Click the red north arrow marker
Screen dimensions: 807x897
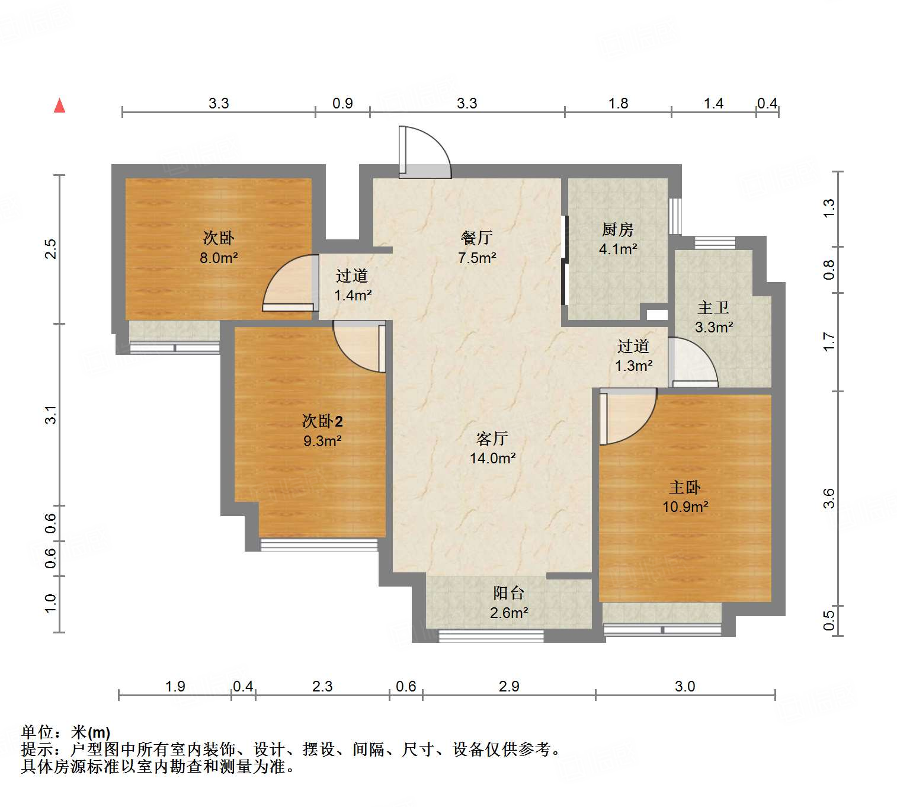[x=59, y=106]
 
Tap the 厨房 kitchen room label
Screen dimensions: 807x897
[x=617, y=229]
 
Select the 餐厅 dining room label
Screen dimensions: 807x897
[x=476, y=238]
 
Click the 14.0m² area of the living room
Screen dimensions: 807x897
[x=492, y=458]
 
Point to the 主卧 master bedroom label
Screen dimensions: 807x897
[x=685, y=487]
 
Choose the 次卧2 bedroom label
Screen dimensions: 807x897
[x=322, y=421]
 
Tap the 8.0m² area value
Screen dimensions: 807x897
[x=219, y=258]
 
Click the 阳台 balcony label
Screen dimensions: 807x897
[x=508, y=593]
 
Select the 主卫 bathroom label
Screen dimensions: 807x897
[x=713, y=308]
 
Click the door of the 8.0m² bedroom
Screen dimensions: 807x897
[x=289, y=284]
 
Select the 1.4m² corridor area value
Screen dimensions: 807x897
[x=353, y=295]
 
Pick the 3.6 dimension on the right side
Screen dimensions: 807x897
[x=828, y=498]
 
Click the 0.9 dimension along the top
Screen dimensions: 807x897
[x=342, y=104]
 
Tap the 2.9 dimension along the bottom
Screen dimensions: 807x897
[x=509, y=686]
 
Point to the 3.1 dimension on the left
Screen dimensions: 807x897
[x=52, y=414]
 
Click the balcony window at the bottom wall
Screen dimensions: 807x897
[x=491, y=636]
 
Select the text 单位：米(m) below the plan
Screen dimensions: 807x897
[x=66, y=732]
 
